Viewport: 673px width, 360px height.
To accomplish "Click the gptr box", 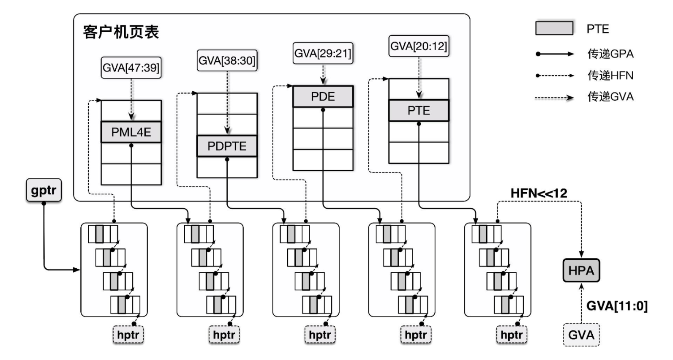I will coord(44,190).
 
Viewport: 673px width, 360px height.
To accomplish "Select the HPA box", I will coord(581,270).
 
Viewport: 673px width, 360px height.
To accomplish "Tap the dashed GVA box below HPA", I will coord(581,335).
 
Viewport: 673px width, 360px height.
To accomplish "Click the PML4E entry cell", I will coord(131,132).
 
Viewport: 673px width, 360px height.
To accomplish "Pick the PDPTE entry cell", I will coord(227,146).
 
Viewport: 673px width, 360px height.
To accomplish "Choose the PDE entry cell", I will coord(323,97).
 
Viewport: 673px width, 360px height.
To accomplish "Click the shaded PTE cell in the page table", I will coord(419,111).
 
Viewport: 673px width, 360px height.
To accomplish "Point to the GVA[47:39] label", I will coord(131,68).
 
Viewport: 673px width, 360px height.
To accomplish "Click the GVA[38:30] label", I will coord(227,61).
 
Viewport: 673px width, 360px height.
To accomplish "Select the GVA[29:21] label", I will coord(323,53).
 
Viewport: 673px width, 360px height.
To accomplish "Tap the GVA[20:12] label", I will coord(418,46).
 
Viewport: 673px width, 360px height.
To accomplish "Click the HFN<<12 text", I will coord(539,194).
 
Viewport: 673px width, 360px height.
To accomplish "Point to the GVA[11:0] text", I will coord(616,306).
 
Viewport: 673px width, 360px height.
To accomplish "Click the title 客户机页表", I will coord(121,32).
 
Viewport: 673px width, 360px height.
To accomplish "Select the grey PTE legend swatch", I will coord(554,28).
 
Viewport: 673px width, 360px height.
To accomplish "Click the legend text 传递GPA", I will coord(610,54).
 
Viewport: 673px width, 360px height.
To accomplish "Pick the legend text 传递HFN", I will coord(610,76).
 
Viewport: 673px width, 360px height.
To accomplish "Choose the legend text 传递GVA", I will coord(610,97).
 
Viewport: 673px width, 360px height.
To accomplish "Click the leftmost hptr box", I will coord(128,335).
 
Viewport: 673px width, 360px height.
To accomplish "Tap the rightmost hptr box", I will coord(511,335).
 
